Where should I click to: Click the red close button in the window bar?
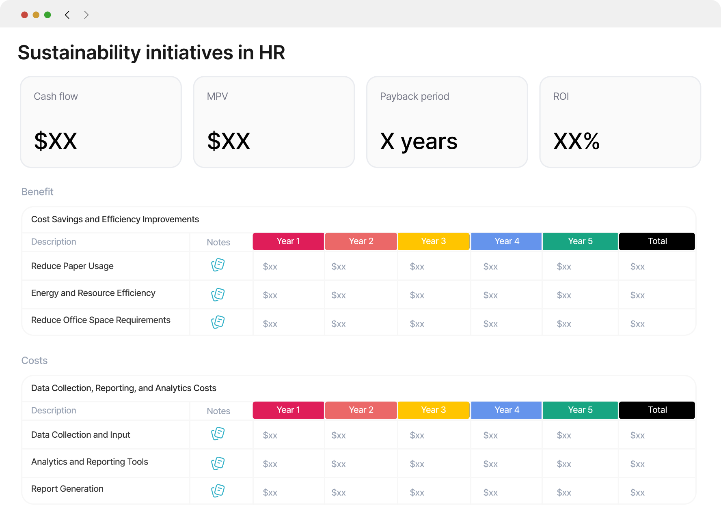24,15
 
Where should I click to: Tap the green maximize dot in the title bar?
47,15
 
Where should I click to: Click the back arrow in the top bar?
67,15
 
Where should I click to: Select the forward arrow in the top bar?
86,15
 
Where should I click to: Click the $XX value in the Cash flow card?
56,141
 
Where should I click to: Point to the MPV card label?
217,97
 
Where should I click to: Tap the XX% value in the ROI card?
576,141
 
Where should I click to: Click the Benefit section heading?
37,191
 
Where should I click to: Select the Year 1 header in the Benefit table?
288,241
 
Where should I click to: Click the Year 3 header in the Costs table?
434,410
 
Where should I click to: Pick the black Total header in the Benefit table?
657,241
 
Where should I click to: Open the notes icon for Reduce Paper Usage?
218,265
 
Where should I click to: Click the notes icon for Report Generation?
218,491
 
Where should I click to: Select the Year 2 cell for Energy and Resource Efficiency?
339,295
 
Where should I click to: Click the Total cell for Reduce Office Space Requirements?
637,324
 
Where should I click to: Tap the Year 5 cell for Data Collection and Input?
564,435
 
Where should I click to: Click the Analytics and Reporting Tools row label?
90,462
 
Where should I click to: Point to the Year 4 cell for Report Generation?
490,492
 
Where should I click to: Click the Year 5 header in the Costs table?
580,410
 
